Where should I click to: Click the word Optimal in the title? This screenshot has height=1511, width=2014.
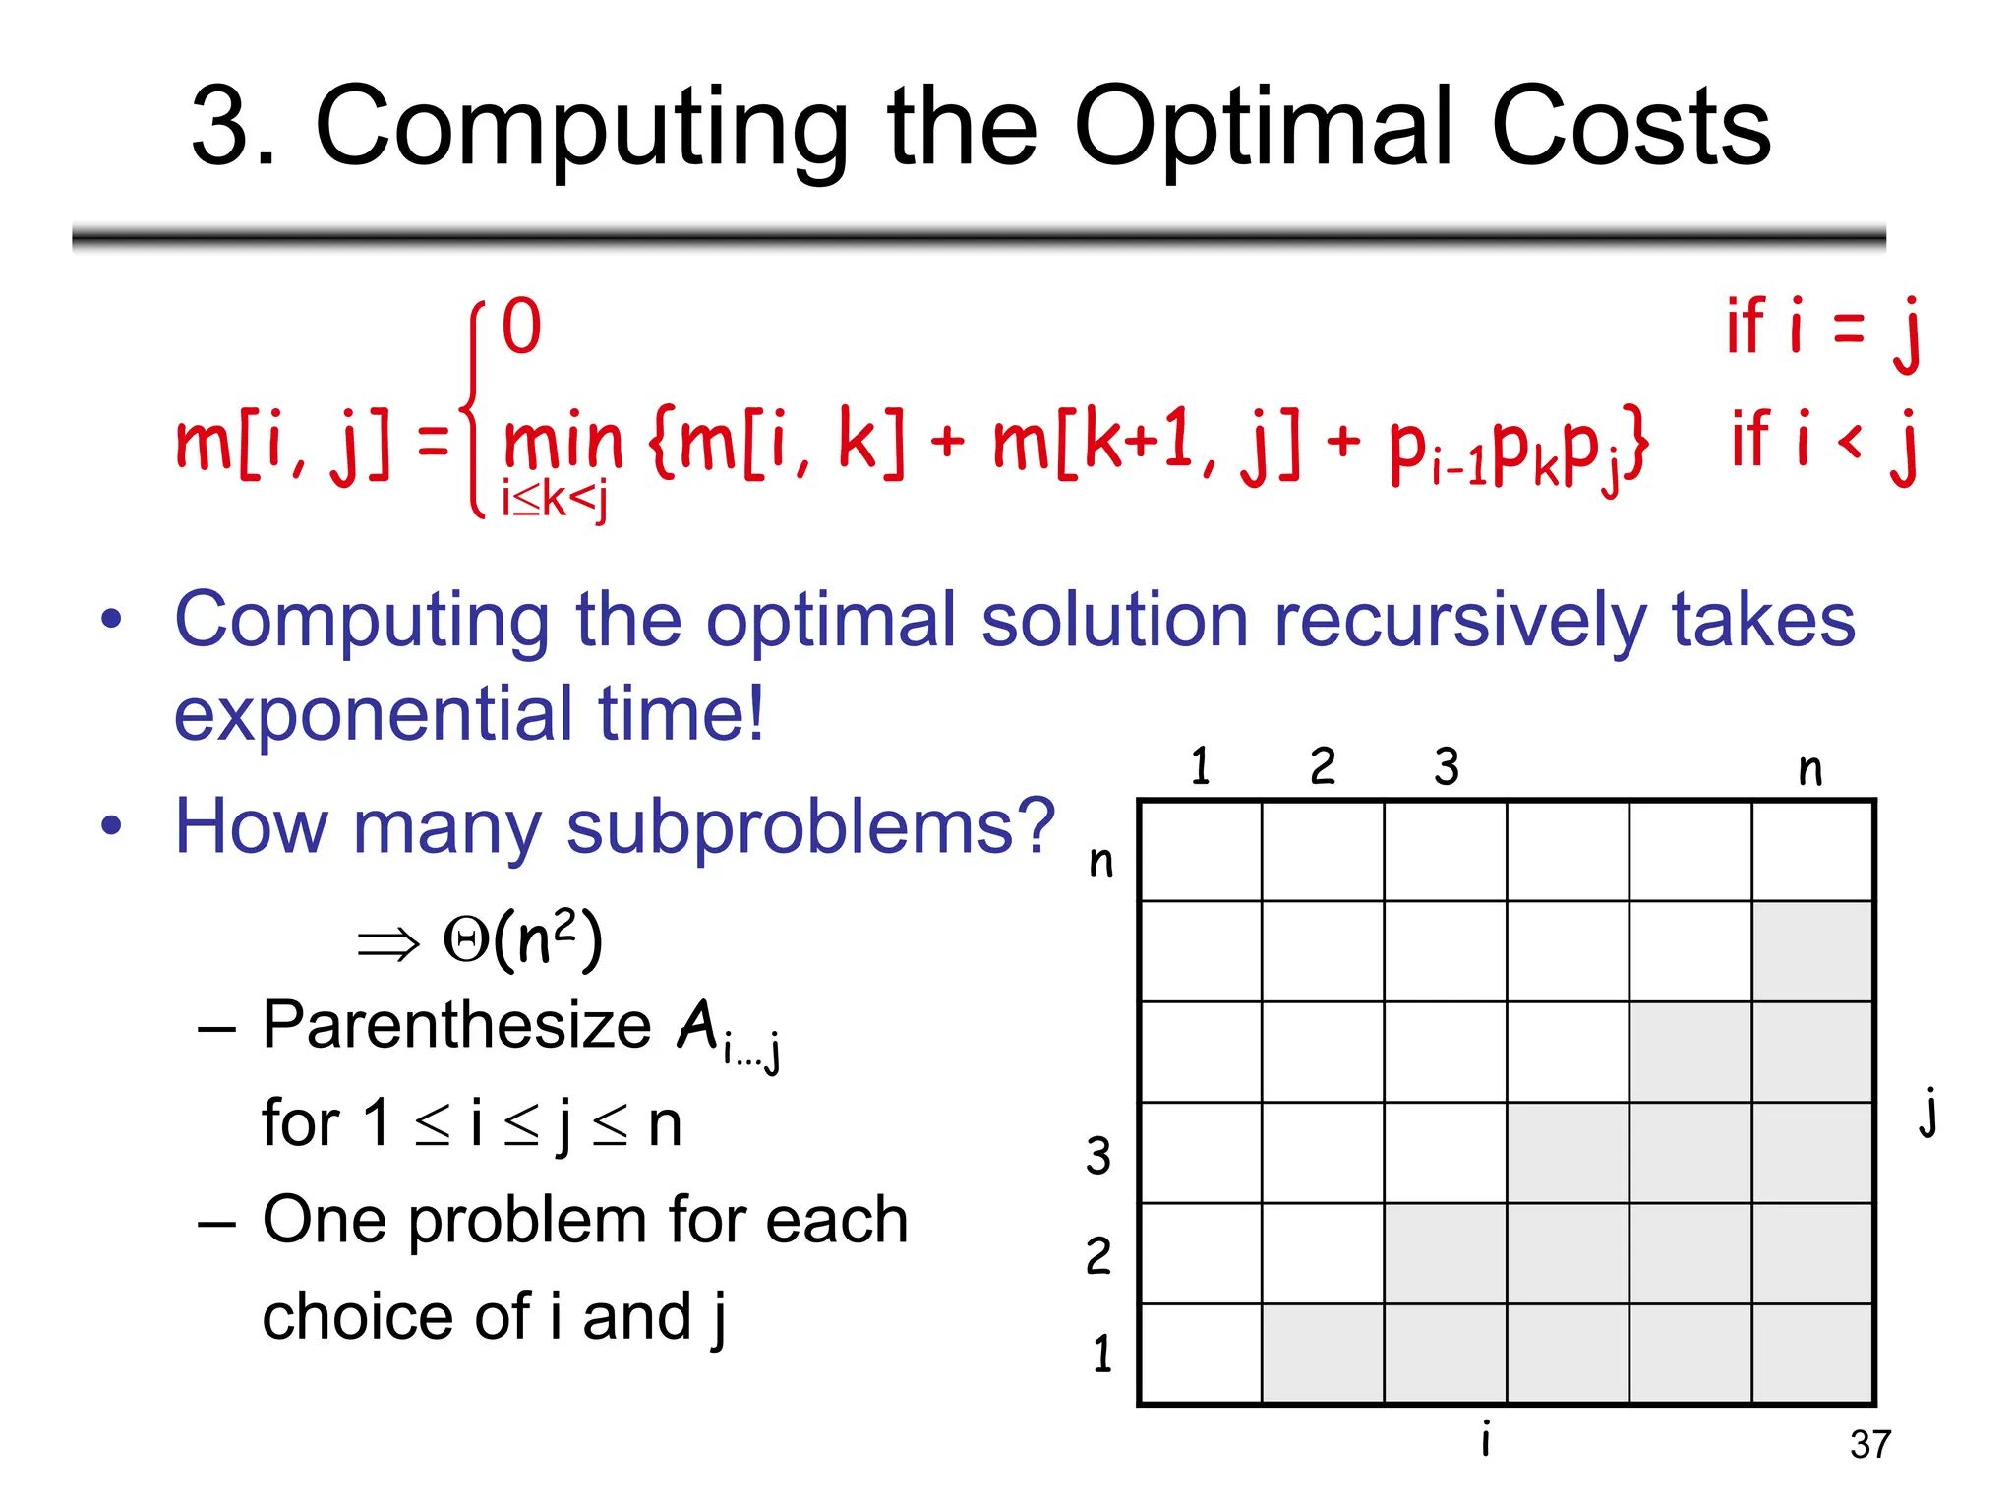point(1265,128)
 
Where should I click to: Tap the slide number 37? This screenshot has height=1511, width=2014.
point(1869,1444)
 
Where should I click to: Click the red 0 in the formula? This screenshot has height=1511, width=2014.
point(521,327)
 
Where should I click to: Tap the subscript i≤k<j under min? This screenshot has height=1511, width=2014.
point(554,500)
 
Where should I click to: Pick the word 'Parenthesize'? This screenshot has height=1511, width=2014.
point(456,1025)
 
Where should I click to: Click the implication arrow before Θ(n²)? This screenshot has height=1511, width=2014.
point(387,944)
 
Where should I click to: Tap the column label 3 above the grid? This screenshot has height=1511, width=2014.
point(1446,766)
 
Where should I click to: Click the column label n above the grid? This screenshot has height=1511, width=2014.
point(1809,769)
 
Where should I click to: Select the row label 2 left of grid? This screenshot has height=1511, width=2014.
point(1098,1255)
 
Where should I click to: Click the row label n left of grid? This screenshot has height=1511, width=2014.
point(1101,862)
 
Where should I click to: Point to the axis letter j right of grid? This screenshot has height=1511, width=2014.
point(1929,1112)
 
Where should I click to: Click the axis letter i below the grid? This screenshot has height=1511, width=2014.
point(1486,1438)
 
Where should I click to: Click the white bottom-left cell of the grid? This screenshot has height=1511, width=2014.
point(1201,1354)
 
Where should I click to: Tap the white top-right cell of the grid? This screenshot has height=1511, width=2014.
point(1812,851)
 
